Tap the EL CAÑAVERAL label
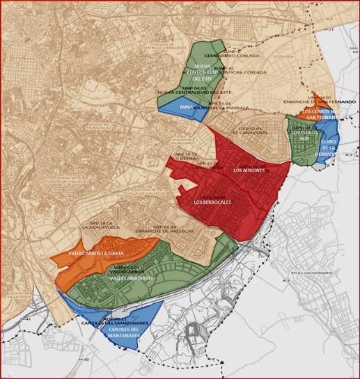pos(249,131)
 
